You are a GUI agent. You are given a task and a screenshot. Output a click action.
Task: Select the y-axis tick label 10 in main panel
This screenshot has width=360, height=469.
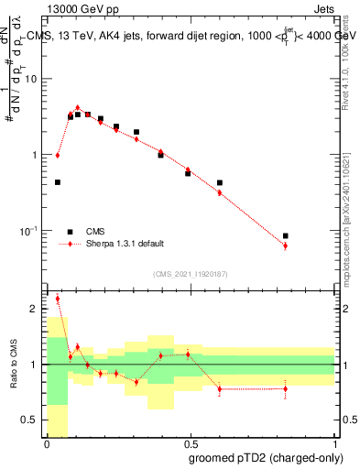(31, 79)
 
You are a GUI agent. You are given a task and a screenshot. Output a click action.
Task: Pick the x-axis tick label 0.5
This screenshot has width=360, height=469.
(190, 444)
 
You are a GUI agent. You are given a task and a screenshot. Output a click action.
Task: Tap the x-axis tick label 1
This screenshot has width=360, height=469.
(333, 444)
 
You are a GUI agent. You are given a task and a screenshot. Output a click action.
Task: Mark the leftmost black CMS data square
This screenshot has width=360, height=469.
(58, 182)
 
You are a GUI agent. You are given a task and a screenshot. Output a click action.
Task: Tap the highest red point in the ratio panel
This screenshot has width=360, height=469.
(58, 299)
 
